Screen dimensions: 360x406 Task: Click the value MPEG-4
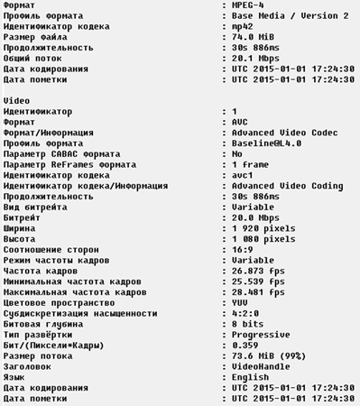click(249, 5)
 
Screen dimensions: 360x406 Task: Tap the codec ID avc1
click(244, 175)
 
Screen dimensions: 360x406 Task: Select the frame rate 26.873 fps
click(258, 270)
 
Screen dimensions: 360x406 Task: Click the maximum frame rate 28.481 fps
click(258, 291)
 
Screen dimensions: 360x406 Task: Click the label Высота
click(22, 238)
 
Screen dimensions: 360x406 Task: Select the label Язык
click(15, 375)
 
